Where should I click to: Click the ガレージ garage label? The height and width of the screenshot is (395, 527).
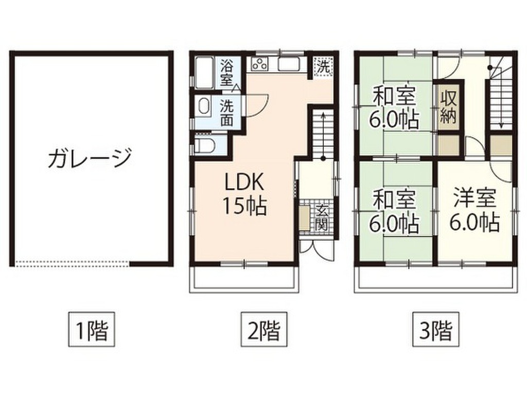[x=90, y=158]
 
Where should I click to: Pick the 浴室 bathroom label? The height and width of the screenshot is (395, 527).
[x=226, y=73]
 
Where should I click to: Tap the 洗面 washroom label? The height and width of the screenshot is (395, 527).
[x=226, y=113]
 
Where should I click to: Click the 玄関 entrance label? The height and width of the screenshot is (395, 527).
[x=322, y=217]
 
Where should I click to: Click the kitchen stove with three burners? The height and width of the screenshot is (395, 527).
[x=259, y=64]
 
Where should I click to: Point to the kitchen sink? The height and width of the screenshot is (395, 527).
[x=291, y=64]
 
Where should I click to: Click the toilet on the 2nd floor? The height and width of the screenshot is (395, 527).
[x=205, y=146]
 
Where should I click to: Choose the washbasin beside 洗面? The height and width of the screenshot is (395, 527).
[x=204, y=107]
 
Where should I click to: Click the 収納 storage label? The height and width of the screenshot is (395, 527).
[x=448, y=107]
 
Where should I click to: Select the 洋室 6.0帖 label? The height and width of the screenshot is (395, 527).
[x=474, y=211]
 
